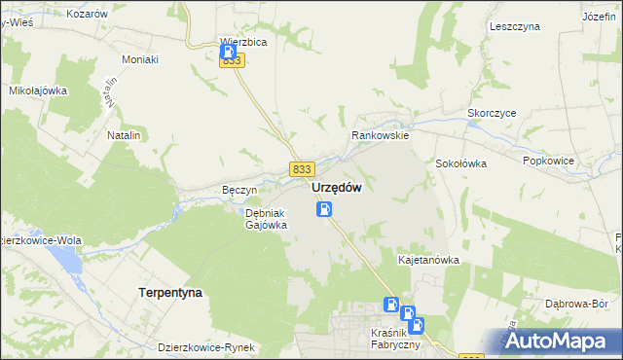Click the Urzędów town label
(x=338, y=189)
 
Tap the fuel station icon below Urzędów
(x=324, y=209)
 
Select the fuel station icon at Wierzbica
(x=227, y=52)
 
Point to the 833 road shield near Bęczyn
(x=301, y=169)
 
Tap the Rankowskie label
(x=381, y=136)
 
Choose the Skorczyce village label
(x=492, y=113)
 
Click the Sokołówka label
(x=460, y=163)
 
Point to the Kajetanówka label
(x=428, y=261)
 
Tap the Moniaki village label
(x=139, y=59)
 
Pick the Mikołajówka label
(x=37, y=90)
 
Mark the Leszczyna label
(x=515, y=27)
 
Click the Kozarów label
(x=88, y=15)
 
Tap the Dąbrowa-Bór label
(x=584, y=304)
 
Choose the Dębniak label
(x=264, y=212)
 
